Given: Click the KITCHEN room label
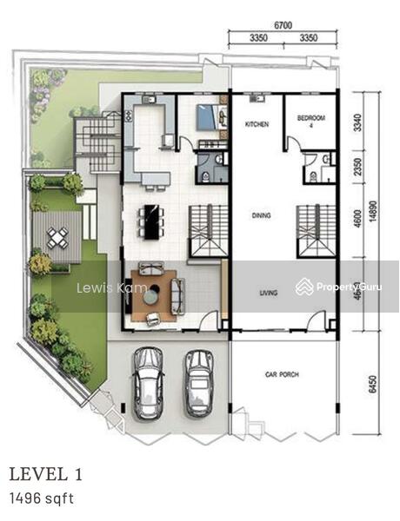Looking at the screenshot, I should tap(257, 125).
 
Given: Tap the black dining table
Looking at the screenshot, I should tap(152, 221).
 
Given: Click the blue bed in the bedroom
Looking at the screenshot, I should tap(209, 116).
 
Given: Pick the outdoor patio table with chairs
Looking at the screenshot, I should tap(57, 237).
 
